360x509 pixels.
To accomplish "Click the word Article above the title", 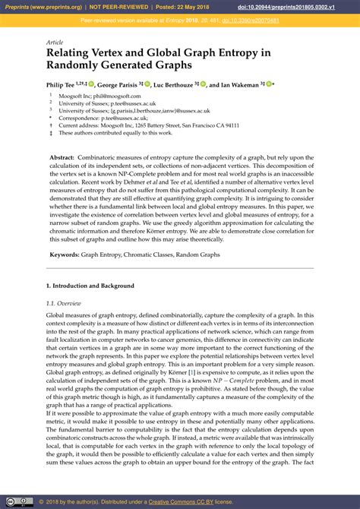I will pos(54,43).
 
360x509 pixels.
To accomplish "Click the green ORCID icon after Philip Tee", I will pos(91,84).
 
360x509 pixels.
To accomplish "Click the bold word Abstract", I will pos(65,156).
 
